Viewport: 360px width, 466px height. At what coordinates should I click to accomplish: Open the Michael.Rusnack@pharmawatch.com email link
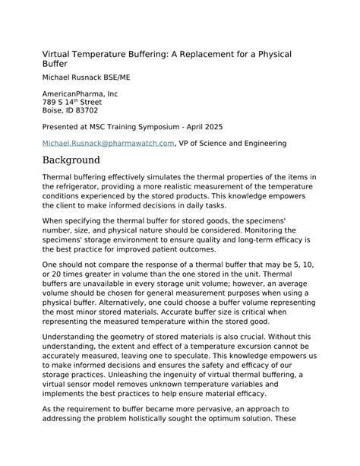109,142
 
